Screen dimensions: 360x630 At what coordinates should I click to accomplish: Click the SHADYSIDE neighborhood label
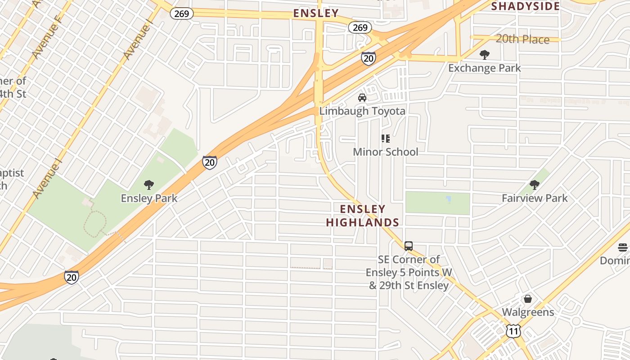coord(526,6)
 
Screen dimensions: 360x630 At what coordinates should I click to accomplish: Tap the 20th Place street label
coord(522,39)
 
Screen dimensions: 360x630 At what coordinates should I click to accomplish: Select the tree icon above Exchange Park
coord(485,55)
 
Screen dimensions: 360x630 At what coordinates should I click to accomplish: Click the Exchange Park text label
coord(485,68)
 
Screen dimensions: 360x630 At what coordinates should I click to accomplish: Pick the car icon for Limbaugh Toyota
coord(362,98)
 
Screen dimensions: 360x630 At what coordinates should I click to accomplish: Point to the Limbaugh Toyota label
coord(362,111)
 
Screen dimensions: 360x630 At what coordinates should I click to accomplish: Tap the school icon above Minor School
coord(385,139)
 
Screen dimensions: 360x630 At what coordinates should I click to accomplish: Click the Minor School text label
coord(385,152)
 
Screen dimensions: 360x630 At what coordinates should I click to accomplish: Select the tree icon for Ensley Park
coord(149,185)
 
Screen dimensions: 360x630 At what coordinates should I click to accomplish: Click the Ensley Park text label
coord(149,198)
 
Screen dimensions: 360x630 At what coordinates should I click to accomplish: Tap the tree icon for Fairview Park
coord(535,185)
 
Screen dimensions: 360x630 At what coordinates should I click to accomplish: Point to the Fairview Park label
coord(535,198)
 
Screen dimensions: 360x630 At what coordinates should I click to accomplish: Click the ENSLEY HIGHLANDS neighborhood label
coord(363,216)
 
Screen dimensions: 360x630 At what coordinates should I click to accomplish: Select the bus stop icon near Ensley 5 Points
coord(409,246)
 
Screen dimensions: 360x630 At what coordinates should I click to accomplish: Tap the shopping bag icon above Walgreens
coord(528,299)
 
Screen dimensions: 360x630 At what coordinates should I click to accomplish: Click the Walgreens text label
coord(528,312)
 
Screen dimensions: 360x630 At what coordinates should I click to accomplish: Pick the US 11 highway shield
coord(513,332)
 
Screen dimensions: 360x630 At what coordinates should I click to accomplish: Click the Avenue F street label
coord(46,38)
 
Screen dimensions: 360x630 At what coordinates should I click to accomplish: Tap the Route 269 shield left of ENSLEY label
coord(182,13)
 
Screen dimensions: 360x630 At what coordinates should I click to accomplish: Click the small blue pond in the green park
coord(448,199)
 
